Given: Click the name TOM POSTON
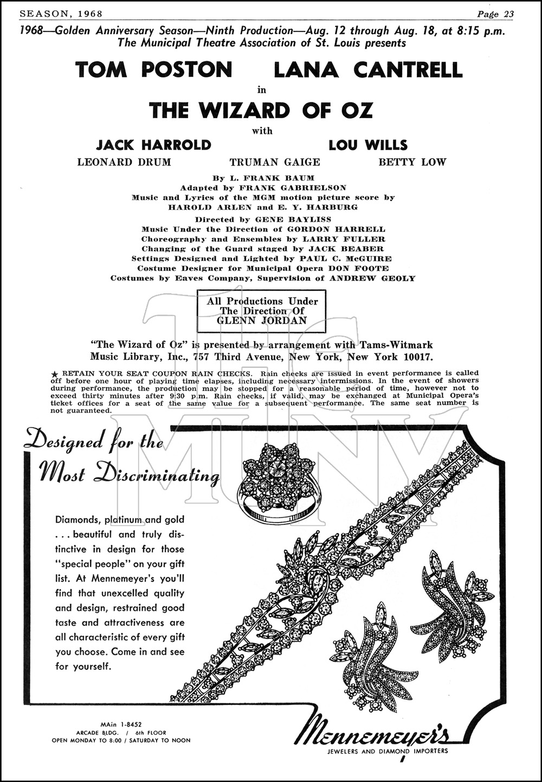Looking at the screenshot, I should (x=154, y=70).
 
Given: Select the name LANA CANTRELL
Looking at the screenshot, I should (x=368, y=70).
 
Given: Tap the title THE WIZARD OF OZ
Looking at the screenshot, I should (x=261, y=111).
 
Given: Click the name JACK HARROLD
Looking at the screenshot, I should (x=153, y=145).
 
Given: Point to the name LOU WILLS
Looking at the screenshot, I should (x=368, y=145).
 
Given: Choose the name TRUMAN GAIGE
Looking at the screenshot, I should (x=275, y=162).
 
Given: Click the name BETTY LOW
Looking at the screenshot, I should (x=412, y=162).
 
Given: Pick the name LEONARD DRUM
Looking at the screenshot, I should (x=124, y=162).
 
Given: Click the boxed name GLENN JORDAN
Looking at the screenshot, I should (x=262, y=320).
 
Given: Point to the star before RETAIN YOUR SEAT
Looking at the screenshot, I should (x=54, y=374).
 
